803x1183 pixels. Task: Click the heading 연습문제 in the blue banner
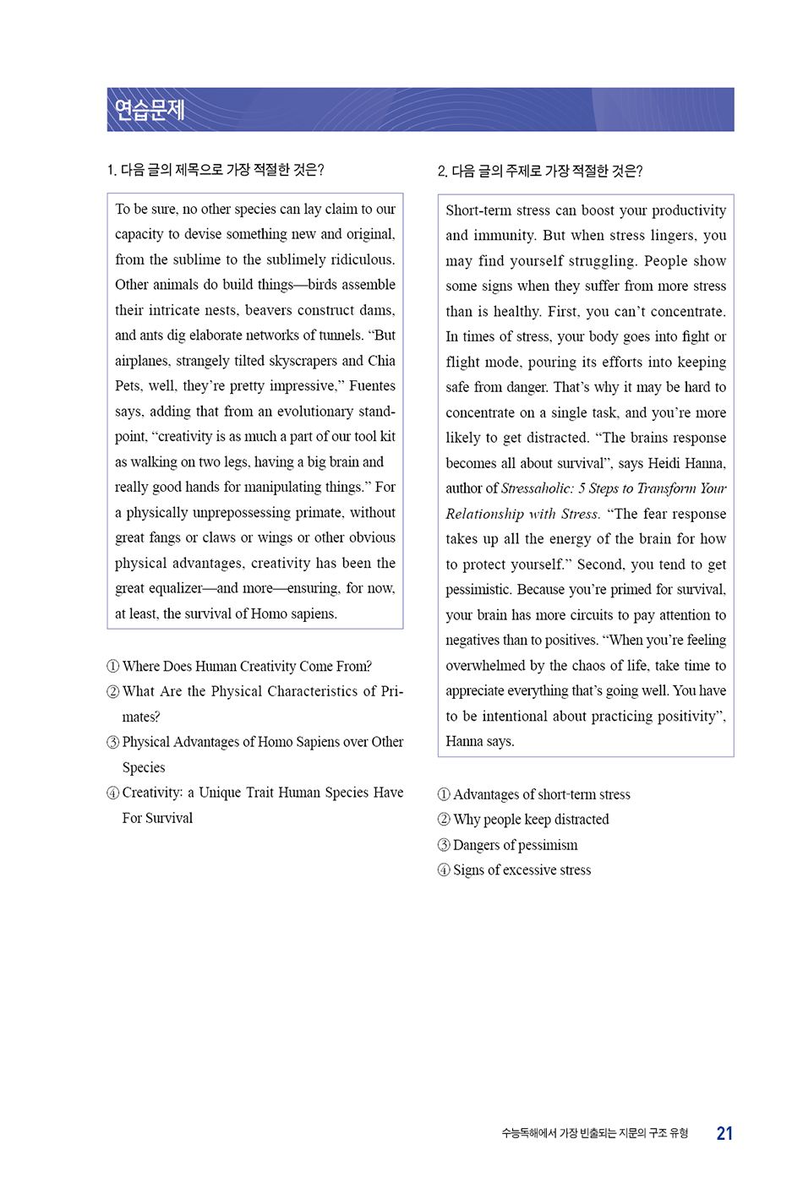pos(150,110)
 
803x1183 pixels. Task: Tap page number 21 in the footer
pos(724,1134)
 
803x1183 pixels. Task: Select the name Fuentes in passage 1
pos(372,386)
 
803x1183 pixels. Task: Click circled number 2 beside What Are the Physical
pos(113,692)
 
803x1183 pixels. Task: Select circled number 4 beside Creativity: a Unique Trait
pos(113,793)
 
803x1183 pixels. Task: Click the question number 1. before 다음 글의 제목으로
pos(112,171)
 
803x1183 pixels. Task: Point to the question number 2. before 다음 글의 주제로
pos(442,172)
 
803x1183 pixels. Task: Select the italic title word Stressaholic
pos(538,488)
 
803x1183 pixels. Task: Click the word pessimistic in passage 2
pos(478,590)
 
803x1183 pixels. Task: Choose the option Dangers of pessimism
pos(515,845)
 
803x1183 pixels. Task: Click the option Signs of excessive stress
pos(522,870)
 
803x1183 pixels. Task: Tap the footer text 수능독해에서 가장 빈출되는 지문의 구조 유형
pos(594,1134)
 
